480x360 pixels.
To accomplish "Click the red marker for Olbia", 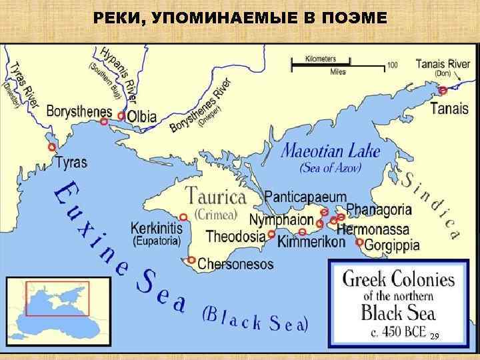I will point(121,115).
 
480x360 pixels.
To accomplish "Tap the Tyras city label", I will point(72,162).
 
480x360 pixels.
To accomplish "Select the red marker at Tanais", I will point(443,90).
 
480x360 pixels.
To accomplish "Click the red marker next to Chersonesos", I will point(191,260).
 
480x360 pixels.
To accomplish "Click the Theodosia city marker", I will point(271,234).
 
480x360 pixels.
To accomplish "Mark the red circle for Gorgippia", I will point(360,242).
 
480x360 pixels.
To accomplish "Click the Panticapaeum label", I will point(306,197).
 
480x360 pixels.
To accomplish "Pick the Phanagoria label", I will point(379,209).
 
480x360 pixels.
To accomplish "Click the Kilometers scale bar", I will point(339,64).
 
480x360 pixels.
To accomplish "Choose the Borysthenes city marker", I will point(104,122).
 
